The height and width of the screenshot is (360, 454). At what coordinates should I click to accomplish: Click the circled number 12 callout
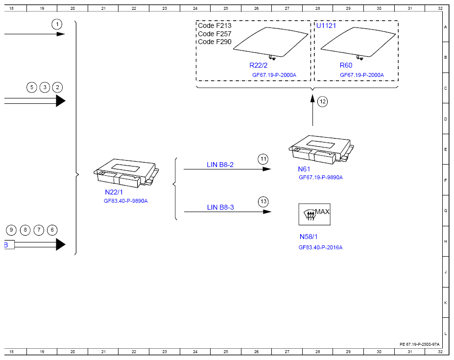322,102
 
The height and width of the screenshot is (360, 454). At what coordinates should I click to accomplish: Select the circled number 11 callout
263,159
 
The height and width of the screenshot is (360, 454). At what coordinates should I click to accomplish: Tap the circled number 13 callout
263,202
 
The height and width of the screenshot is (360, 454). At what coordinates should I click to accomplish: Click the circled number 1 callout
57,24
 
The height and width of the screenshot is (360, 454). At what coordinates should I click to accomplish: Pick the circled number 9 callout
11,230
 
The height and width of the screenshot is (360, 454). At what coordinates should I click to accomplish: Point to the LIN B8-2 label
220,165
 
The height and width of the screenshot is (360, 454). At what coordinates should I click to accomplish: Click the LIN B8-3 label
220,207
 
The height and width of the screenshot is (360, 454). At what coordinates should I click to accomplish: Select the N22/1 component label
114,192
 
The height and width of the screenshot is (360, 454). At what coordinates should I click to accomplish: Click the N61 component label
304,169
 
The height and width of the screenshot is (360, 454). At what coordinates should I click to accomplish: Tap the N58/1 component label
309,237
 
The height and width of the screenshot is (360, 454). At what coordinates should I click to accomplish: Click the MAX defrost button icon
314,215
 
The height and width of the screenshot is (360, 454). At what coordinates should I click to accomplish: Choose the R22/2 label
258,65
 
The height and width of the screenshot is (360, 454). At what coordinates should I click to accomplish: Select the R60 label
346,65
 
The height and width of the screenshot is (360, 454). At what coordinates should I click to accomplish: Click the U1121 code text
326,25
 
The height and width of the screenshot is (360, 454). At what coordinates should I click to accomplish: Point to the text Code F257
215,34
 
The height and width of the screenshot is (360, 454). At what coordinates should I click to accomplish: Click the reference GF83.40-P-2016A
320,247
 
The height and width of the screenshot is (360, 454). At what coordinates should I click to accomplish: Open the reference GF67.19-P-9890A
321,177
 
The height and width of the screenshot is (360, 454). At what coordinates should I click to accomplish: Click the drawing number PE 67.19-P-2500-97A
420,344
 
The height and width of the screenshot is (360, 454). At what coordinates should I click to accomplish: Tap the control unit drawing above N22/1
126,173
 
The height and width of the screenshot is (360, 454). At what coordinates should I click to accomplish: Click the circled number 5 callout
32,87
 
